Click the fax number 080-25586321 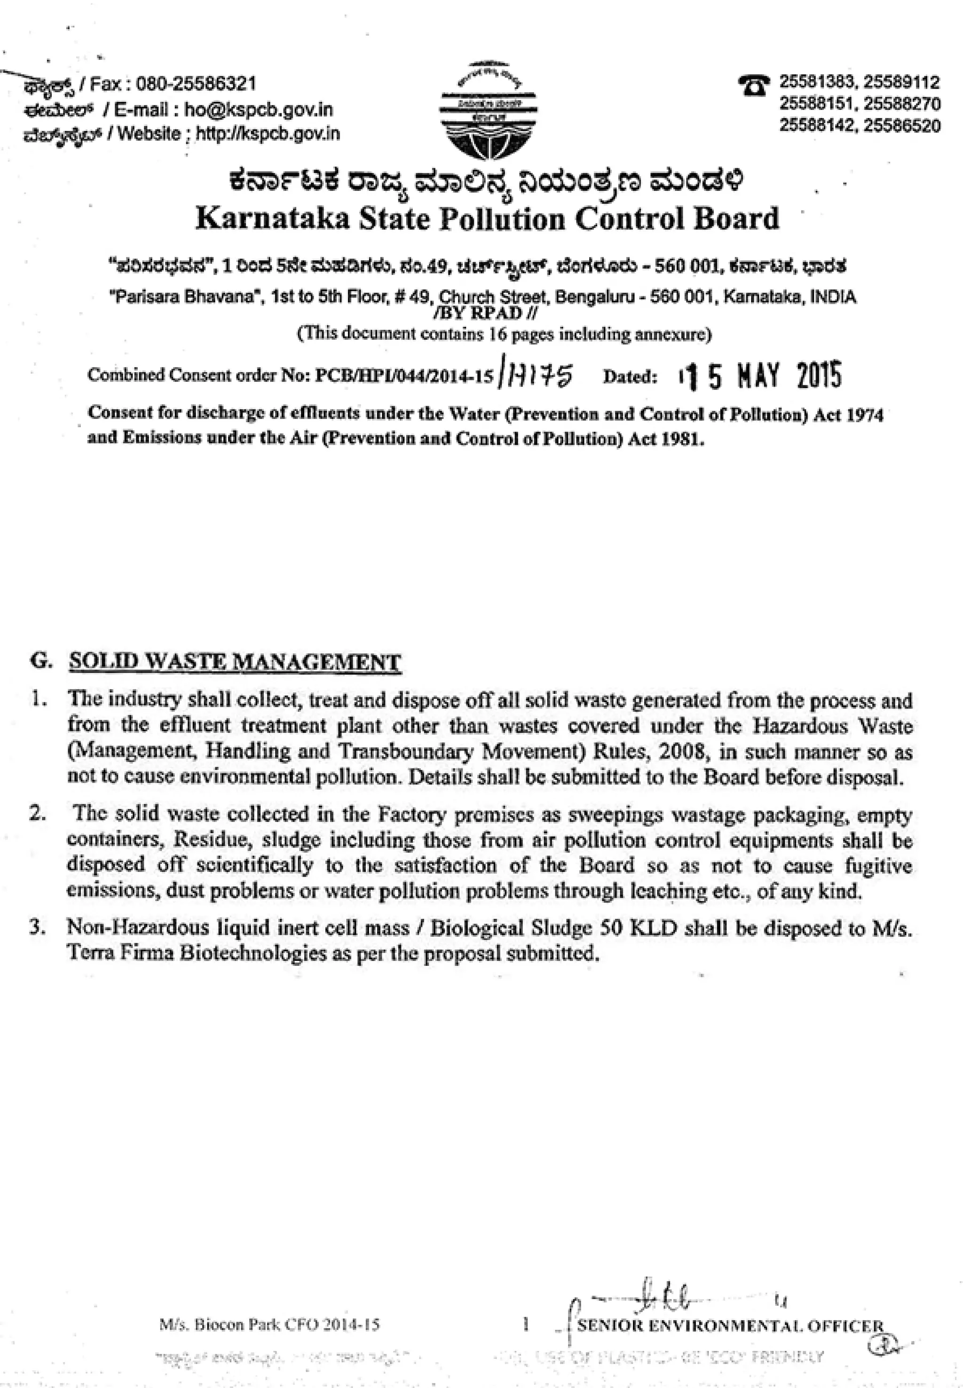(196, 83)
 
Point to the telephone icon (754, 85)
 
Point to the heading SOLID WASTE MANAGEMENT (234, 662)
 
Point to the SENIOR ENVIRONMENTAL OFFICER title (730, 1326)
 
